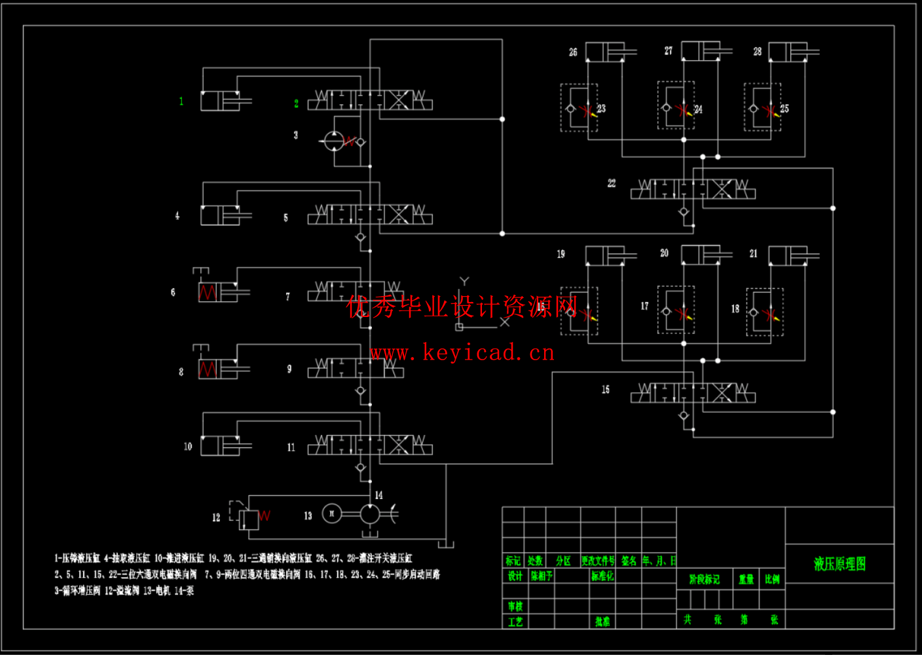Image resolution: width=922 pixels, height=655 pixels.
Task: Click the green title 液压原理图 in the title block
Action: [839, 564]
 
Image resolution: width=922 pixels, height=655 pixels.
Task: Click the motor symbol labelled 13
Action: [332, 514]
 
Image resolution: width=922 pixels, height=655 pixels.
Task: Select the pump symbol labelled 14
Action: [370, 514]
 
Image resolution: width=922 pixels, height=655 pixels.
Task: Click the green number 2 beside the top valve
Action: [296, 103]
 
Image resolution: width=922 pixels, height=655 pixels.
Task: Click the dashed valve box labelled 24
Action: [676, 106]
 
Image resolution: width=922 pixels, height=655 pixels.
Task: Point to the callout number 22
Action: [612, 183]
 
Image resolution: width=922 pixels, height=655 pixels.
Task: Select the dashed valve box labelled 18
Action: [765, 312]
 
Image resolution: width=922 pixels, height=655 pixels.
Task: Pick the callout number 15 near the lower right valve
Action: [606, 390]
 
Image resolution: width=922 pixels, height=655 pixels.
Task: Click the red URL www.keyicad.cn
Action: [462, 353]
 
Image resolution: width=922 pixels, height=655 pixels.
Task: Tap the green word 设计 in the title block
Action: [515, 576]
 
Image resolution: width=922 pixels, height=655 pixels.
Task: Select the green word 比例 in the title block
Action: [772, 579]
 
